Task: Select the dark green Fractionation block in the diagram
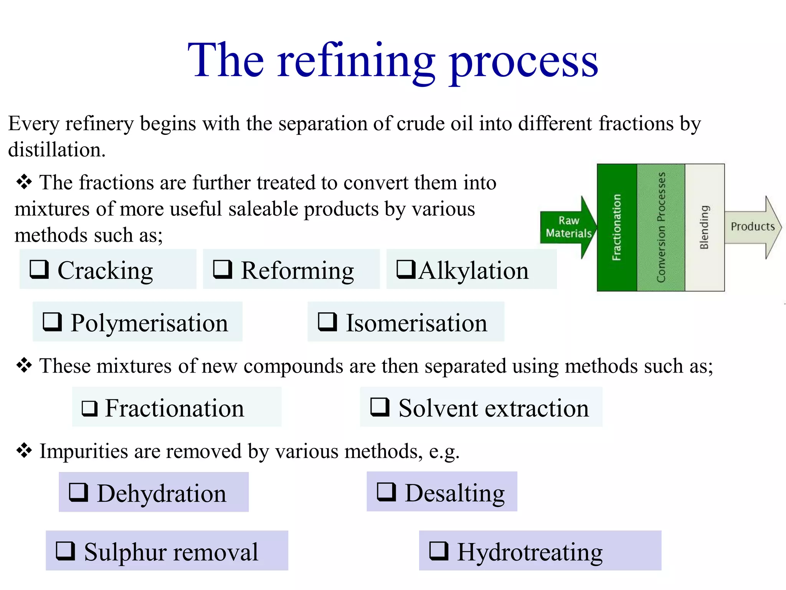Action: coord(617,227)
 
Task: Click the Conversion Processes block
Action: coord(661,227)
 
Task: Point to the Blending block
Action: coord(704,227)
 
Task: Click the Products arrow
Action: coord(752,227)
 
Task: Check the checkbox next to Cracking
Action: coord(39,269)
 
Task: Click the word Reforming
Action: coord(297,271)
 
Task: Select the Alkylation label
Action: coord(474,271)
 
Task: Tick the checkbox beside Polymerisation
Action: coord(52,322)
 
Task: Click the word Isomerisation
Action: coord(416,323)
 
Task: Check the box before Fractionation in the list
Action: coord(89,408)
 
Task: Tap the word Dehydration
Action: coord(162,493)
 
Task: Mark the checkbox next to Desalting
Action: coord(386,492)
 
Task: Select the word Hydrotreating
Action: coord(530,552)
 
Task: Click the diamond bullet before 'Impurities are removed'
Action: coord(24,450)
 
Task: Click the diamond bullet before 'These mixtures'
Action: coord(24,365)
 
